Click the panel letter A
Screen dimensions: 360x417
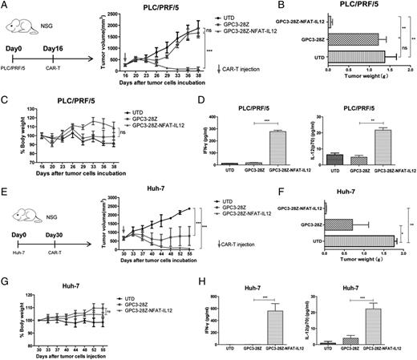(x=6, y=6)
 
